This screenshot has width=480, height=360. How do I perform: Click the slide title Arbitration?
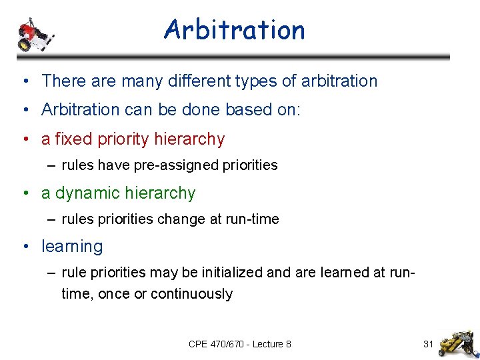click(x=234, y=30)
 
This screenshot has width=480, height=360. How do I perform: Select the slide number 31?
click(x=429, y=344)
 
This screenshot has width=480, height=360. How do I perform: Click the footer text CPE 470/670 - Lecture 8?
click(x=239, y=344)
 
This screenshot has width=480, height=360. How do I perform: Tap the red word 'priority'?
click(x=124, y=139)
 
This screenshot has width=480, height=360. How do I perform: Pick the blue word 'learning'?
click(x=72, y=247)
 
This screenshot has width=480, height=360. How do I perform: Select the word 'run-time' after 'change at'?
click(x=253, y=219)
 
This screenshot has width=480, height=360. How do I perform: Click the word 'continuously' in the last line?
click(x=191, y=294)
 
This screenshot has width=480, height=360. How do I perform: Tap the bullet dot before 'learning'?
click(x=25, y=247)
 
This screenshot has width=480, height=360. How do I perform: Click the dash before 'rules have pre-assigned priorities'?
click(x=52, y=165)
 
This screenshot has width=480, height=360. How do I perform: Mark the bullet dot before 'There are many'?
click(x=25, y=81)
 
